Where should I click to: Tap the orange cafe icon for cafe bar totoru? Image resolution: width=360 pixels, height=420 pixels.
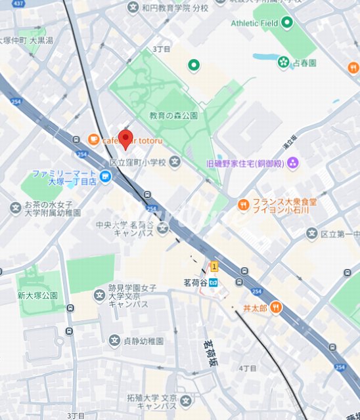click(x=93, y=139)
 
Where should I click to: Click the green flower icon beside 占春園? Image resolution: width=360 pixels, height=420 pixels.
click(x=283, y=62)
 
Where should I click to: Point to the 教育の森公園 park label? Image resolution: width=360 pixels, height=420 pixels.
click(x=173, y=115)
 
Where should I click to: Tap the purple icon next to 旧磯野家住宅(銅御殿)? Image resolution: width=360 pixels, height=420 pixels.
click(x=293, y=162)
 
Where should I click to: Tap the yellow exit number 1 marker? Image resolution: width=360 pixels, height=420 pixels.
click(x=214, y=266)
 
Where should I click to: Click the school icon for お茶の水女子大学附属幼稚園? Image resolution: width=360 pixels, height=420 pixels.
click(x=15, y=208)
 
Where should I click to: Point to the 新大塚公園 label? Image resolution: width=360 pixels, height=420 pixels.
click(x=37, y=296)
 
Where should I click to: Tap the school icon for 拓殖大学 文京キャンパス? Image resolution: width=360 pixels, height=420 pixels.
click(x=186, y=400)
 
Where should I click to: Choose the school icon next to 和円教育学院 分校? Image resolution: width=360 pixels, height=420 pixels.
click(x=129, y=8)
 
